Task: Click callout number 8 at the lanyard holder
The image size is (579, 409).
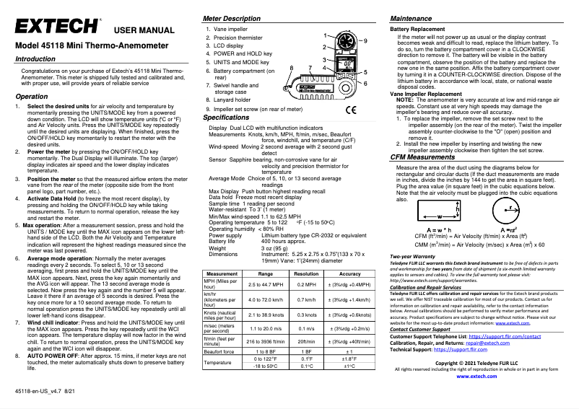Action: click(x=291, y=67)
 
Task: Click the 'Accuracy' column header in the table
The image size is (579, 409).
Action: click(x=349, y=294)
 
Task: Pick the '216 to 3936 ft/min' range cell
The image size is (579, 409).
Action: click(x=265, y=361)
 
